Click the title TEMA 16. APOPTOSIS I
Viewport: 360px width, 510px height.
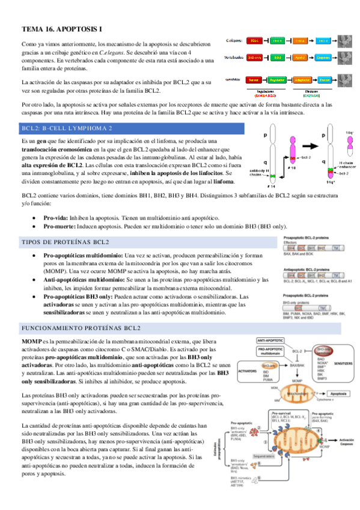pyautogui.click(x=63, y=29)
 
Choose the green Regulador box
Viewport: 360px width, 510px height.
pyautogui.click(x=278, y=79)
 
